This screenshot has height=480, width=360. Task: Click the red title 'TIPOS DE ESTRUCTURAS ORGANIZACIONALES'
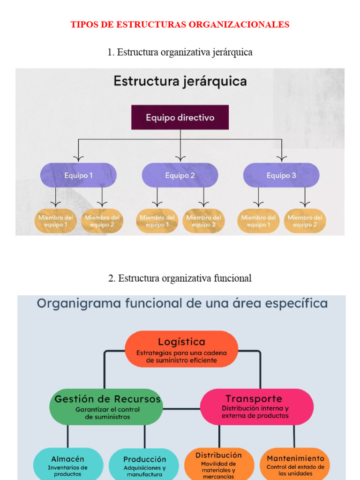click(x=180, y=24)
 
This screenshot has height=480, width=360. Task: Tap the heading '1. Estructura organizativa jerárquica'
click(x=180, y=52)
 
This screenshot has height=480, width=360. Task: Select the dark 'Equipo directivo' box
click(x=180, y=117)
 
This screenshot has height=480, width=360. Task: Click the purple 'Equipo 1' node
click(x=78, y=175)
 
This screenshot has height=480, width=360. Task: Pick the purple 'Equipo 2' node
click(x=180, y=175)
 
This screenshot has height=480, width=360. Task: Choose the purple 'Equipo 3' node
click(x=281, y=175)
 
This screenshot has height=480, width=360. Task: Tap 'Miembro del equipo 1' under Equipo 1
click(x=56, y=221)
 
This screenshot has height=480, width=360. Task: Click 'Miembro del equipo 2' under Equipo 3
click(x=305, y=221)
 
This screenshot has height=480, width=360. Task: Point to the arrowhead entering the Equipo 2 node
click(x=180, y=158)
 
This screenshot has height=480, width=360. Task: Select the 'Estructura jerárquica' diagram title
click(x=180, y=82)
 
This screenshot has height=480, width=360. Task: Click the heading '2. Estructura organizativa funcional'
click(x=180, y=278)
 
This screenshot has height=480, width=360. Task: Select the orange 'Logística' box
click(x=181, y=349)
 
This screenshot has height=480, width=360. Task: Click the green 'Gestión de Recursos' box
click(x=107, y=406)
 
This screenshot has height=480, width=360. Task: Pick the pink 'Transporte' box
click(x=256, y=406)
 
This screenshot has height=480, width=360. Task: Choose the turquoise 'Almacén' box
click(x=68, y=464)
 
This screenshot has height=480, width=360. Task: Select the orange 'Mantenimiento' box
click(x=295, y=464)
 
